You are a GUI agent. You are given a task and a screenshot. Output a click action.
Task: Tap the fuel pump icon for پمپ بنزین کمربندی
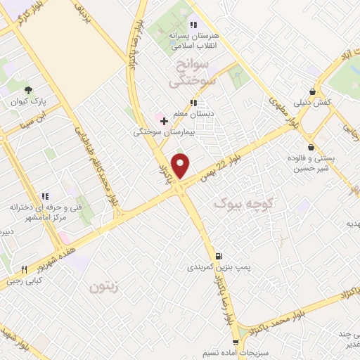coord(219,256)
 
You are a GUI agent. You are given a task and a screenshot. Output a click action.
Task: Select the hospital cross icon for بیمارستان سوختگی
coord(164,122)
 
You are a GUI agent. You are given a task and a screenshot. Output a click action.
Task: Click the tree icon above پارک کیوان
coord(28,90)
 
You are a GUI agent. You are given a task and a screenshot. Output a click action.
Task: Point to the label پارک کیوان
coord(29,101)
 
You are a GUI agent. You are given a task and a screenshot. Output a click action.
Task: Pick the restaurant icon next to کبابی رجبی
coord(25,269)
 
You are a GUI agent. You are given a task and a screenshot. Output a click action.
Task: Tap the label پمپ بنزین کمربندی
coord(218,267)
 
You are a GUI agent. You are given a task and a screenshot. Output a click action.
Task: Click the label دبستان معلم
coord(193,112)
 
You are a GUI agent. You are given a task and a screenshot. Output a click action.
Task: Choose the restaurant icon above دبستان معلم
coord(193,102)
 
